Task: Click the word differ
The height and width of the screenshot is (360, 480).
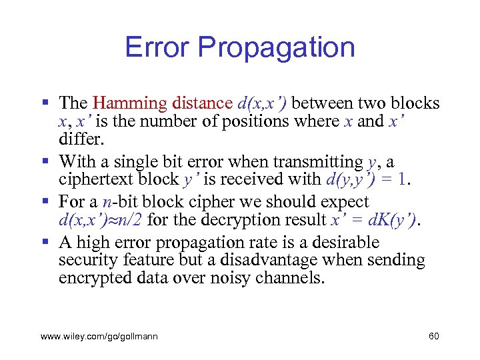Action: (x=80, y=139)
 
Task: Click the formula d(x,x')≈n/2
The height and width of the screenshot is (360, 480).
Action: (x=103, y=220)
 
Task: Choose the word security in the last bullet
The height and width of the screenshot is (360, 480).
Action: (x=85, y=260)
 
